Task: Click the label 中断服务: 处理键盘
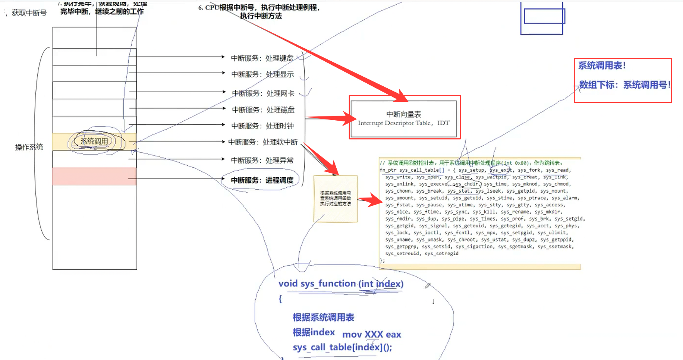click(262, 58)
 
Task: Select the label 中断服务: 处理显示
click(262, 74)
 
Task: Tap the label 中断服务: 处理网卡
click(263, 93)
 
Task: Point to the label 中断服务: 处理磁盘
click(263, 110)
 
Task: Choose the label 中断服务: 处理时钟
click(262, 126)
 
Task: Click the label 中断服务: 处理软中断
click(263, 142)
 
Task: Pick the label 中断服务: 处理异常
click(262, 160)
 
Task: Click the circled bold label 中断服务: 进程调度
click(262, 180)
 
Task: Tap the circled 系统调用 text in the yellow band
click(94, 141)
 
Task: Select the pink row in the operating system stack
click(94, 176)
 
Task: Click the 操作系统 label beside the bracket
click(29, 147)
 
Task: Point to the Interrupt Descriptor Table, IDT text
click(403, 123)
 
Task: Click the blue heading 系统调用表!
click(602, 66)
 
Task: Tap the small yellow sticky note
click(336, 199)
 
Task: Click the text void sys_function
click(317, 284)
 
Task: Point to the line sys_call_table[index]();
click(342, 347)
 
